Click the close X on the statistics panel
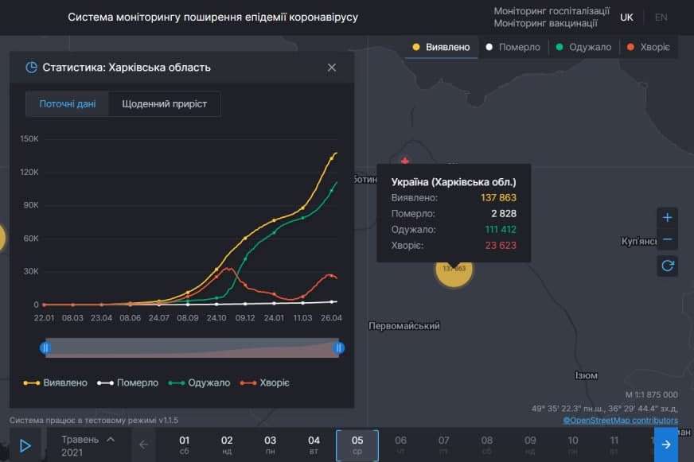(332, 68)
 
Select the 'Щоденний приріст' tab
(164, 104)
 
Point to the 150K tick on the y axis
(29, 138)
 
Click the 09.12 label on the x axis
(245, 318)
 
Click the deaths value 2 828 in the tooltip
(505, 213)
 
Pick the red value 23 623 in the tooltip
(501, 246)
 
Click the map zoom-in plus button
(667, 218)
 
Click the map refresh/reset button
(667, 266)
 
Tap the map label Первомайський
(404, 326)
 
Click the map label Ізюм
(587, 375)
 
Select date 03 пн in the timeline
(271, 445)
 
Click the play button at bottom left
(25, 446)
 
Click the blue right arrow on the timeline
(666, 445)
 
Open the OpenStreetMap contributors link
(621, 420)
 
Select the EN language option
(661, 17)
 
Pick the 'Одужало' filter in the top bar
(583, 47)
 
